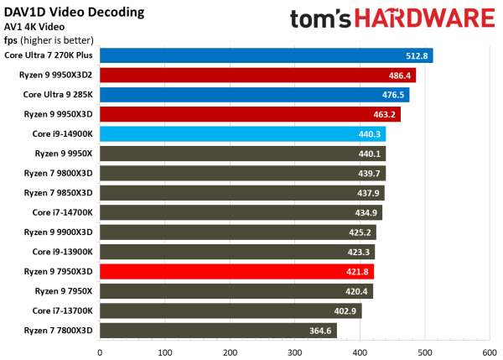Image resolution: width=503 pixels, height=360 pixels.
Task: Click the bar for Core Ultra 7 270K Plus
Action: [x=266, y=55]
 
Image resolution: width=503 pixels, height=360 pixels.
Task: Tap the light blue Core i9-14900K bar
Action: [x=242, y=133]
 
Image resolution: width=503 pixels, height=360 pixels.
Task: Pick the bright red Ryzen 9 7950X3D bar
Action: [x=236, y=271]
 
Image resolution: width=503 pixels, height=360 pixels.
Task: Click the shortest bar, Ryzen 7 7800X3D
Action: [x=218, y=330]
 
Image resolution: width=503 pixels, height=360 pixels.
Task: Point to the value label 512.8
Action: [x=417, y=55]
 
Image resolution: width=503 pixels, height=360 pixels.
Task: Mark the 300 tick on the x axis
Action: [x=294, y=351]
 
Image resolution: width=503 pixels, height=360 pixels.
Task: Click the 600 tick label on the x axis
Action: [x=489, y=351]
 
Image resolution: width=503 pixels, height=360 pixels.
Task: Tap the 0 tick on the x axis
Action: [x=100, y=351]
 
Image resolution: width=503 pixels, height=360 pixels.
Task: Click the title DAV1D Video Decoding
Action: [x=74, y=13]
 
